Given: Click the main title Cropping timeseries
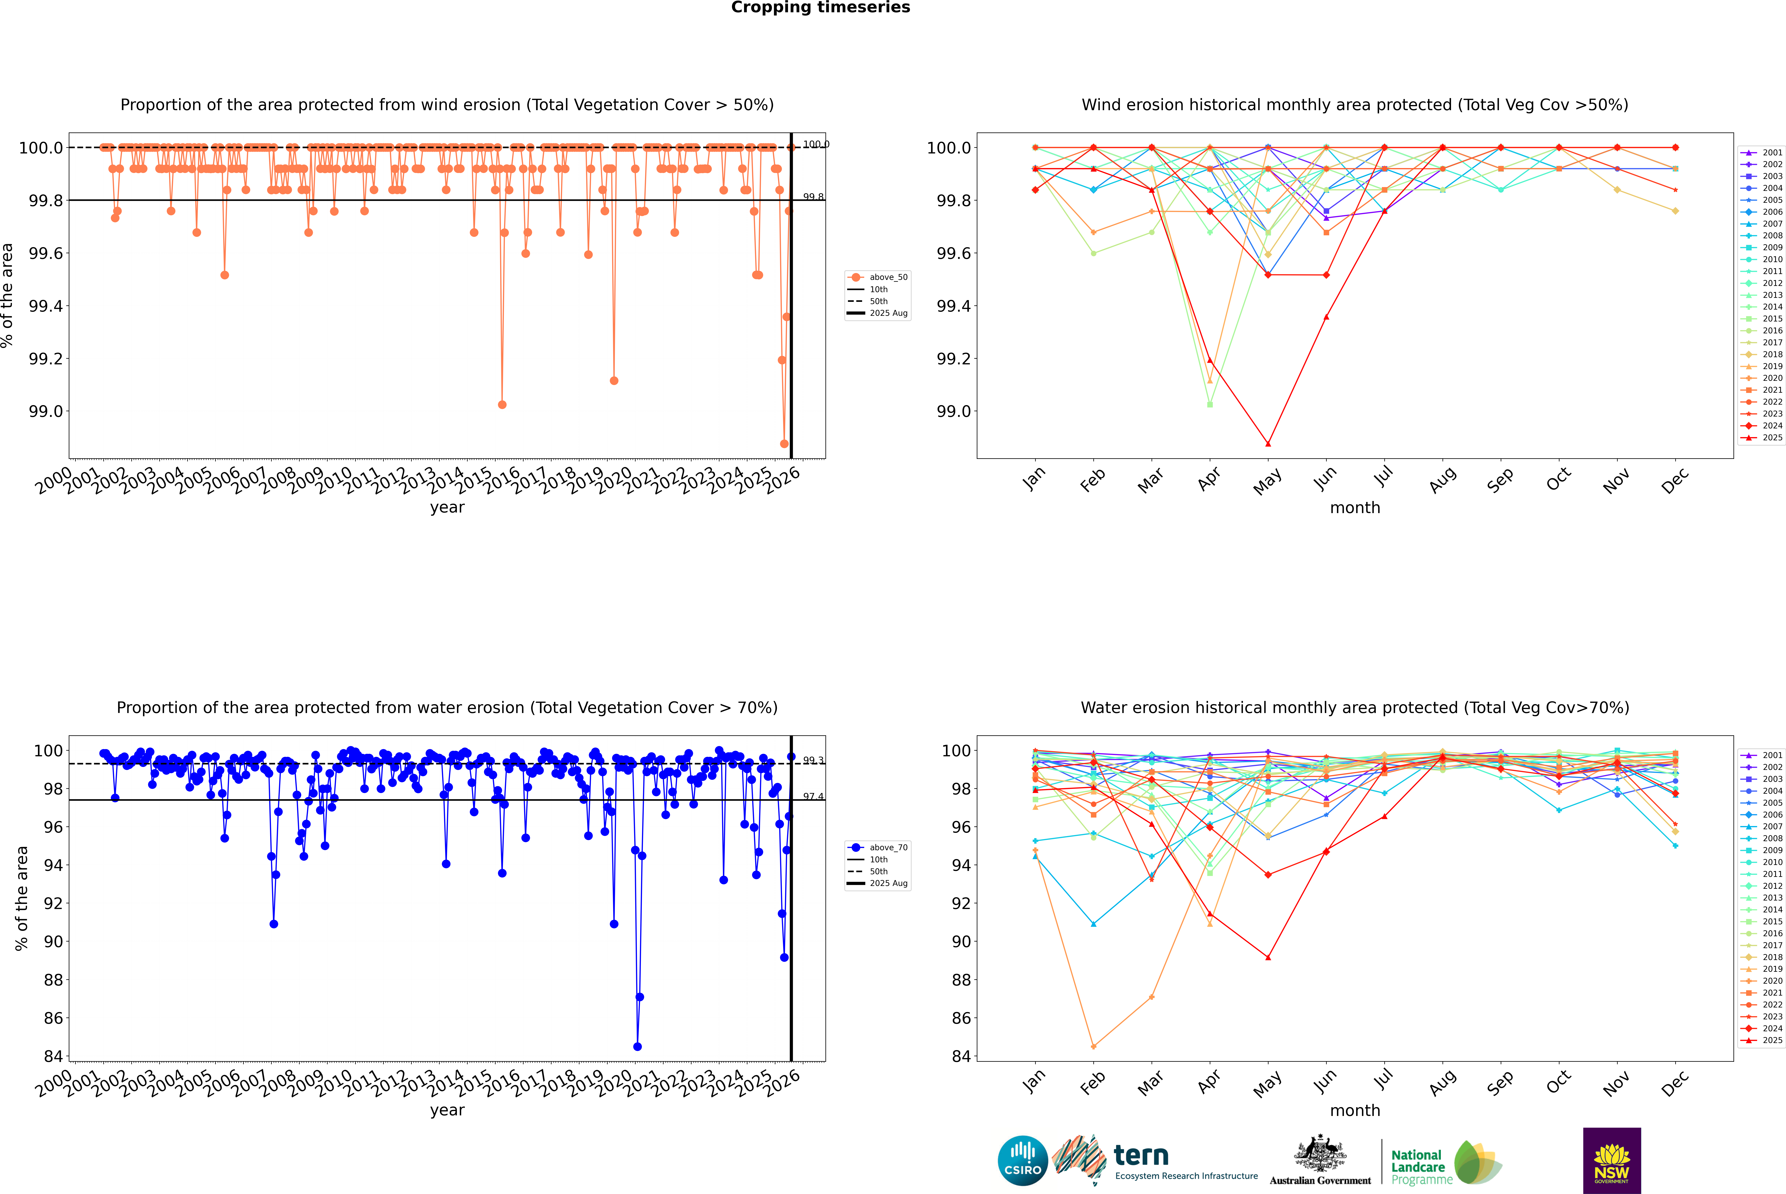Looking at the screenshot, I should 820,8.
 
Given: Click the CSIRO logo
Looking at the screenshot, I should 1023,1161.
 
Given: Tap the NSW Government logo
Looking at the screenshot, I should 1612,1161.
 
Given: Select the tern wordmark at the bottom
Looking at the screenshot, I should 1140,1155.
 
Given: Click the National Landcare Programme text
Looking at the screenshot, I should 1418,1167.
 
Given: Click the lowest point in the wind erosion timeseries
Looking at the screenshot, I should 784,444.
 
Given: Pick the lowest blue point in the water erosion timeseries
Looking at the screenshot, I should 637,1046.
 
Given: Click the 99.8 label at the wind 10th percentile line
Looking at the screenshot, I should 813,197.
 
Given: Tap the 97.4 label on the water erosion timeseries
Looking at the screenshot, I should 813,797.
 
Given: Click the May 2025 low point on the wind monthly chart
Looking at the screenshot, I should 1268,444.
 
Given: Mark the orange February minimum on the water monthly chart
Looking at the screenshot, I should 1093,1046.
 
